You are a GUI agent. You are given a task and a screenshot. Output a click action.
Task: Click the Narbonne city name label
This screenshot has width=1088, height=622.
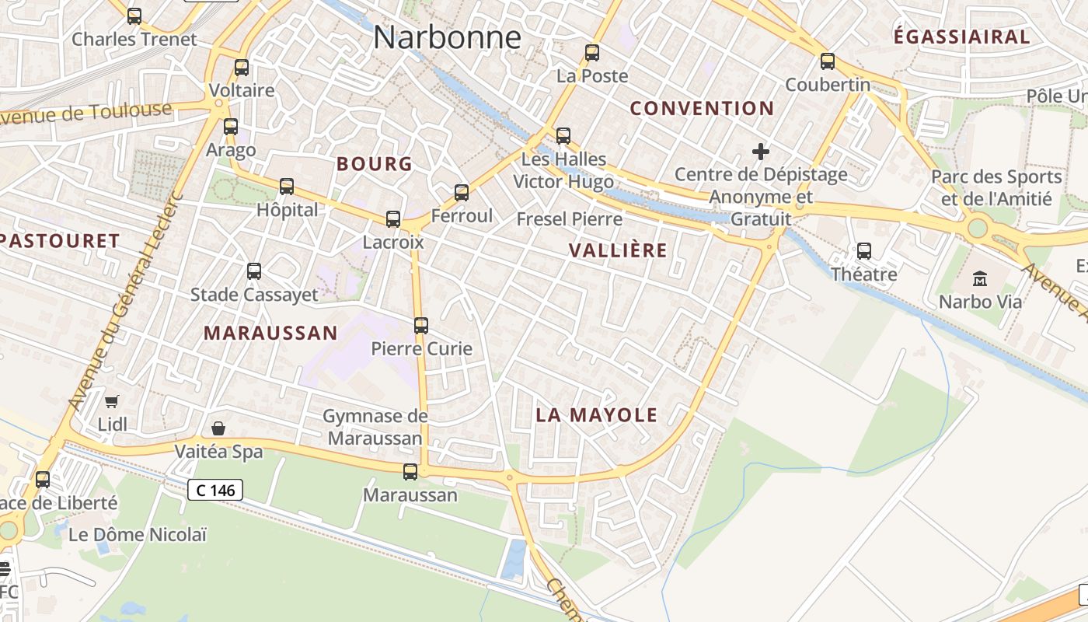[x=447, y=37]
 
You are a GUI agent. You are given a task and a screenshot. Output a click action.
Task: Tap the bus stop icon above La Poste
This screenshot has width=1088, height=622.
[x=592, y=53]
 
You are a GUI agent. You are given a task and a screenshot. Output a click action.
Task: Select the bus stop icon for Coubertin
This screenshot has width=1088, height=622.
[x=828, y=61]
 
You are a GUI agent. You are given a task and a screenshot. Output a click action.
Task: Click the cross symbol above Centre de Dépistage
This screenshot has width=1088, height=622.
[x=761, y=152]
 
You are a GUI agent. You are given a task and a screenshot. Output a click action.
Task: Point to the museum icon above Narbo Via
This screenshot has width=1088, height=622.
[x=980, y=278]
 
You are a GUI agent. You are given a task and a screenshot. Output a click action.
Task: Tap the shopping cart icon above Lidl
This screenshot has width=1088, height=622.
[x=112, y=401]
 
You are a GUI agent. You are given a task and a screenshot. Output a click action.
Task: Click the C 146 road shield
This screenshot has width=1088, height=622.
[x=215, y=490]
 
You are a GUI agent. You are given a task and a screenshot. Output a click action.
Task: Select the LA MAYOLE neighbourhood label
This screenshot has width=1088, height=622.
[x=597, y=415]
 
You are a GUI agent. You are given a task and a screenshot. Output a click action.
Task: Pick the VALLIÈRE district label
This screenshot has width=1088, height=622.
[x=618, y=250]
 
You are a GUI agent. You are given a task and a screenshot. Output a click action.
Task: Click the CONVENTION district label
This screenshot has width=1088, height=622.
[x=702, y=109]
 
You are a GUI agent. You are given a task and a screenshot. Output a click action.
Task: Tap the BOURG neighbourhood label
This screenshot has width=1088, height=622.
[x=375, y=164]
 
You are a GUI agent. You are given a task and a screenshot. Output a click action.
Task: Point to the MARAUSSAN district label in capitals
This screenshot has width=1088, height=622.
[x=270, y=334]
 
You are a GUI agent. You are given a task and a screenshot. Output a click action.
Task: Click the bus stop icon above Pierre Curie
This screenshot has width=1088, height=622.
[x=421, y=326]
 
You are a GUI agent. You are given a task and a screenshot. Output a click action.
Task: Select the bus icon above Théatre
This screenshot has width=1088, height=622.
[x=864, y=251]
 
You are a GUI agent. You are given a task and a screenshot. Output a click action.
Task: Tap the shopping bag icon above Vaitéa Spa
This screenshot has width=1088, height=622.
[x=218, y=428]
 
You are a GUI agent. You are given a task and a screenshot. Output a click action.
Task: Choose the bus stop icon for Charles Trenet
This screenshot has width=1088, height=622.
[x=134, y=16]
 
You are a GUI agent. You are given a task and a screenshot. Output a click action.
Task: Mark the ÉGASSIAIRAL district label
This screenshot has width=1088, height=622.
[x=961, y=37]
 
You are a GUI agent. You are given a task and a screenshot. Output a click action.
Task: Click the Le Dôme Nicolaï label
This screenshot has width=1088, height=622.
[x=138, y=535]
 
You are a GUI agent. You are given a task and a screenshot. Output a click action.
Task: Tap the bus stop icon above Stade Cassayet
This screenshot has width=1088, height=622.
[x=254, y=271]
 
